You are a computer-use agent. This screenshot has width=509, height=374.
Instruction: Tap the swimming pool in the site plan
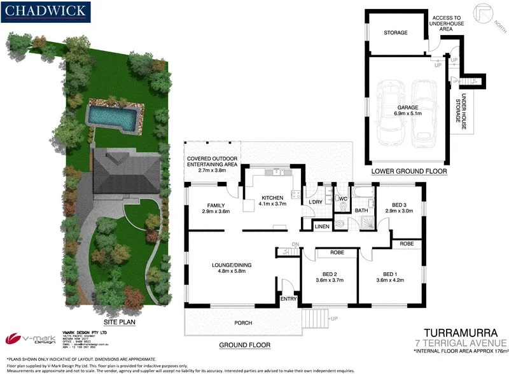coord(112,116)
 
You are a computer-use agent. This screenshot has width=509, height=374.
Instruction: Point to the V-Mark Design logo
coord(24,338)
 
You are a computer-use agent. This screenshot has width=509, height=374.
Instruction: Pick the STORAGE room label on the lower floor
coord(396,32)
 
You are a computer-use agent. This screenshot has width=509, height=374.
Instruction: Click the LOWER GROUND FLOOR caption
coord(410,171)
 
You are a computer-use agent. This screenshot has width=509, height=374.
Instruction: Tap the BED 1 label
coord(391,274)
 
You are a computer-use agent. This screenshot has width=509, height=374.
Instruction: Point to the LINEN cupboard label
coord(322,226)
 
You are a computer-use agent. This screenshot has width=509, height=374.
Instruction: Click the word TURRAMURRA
coord(455,333)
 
